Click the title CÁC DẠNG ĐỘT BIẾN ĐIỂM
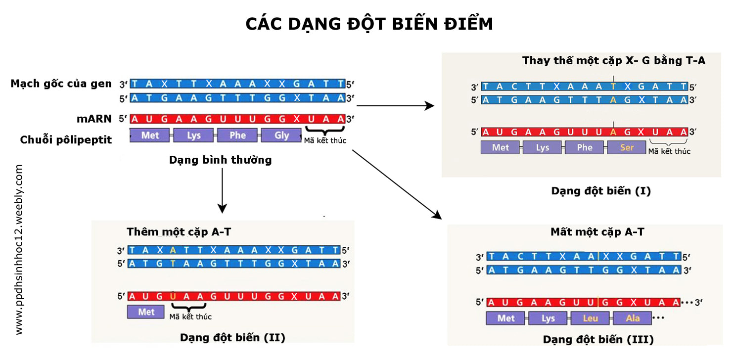coord(369,24)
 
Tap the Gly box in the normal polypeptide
coord(281,135)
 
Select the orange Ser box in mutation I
coord(627,147)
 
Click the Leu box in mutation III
coord(591,318)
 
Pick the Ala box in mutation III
coord(633,318)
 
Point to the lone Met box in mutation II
coord(146,312)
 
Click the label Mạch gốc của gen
coord(61,84)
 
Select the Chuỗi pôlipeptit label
coord(66,140)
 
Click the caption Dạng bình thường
coord(221,160)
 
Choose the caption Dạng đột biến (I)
coord(601,191)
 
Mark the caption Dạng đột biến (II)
coord(232,338)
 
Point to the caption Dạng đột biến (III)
coord(598,340)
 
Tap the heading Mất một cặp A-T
coord(597,232)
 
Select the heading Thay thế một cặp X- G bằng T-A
coord(613,61)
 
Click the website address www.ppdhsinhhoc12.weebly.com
coord(19,250)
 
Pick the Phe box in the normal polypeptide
coord(238,135)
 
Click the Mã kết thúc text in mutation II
coord(190,316)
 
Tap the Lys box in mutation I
coord(543,147)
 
